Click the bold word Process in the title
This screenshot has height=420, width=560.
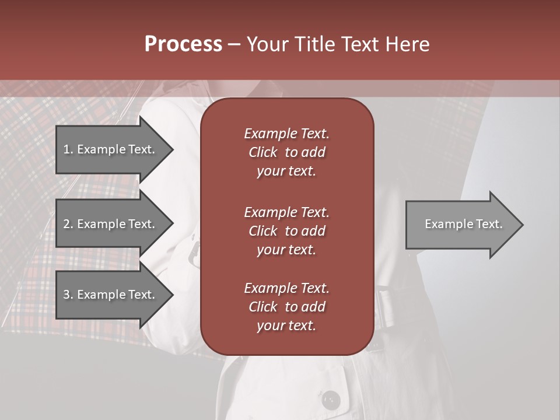tap(183, 44)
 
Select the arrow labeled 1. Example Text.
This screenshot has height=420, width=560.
tap(111, 149)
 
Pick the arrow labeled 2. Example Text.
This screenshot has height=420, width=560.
tap(111, 224)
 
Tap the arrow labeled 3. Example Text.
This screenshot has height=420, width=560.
tap(111, 295)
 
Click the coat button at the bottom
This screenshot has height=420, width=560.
tap(331, 400)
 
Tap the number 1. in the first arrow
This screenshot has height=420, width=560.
tap(68, 149)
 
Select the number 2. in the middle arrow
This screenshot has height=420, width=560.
tap(68, 224)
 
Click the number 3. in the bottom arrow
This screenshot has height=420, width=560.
tap(68, 295)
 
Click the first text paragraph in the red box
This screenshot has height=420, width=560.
tap(286, 152)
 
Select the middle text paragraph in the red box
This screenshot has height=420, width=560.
tap(286, 230)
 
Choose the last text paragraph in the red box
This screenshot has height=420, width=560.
tap(286, 307)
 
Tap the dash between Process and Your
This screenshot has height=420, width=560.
tap(234, 45)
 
